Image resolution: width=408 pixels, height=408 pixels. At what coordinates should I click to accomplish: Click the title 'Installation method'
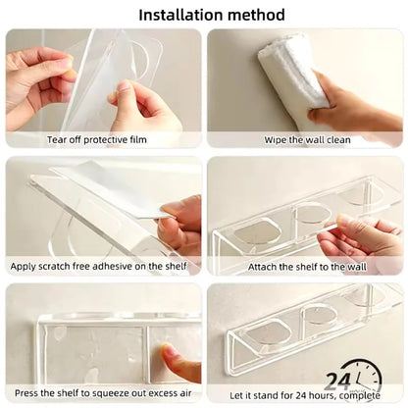212,15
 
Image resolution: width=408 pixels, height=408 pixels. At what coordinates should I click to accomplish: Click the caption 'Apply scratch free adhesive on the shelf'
103,266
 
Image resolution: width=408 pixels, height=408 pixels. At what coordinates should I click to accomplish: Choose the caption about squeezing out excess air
102,391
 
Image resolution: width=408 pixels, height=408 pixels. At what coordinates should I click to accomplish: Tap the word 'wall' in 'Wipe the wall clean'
309,139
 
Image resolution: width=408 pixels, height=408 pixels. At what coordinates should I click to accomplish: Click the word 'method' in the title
259,15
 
